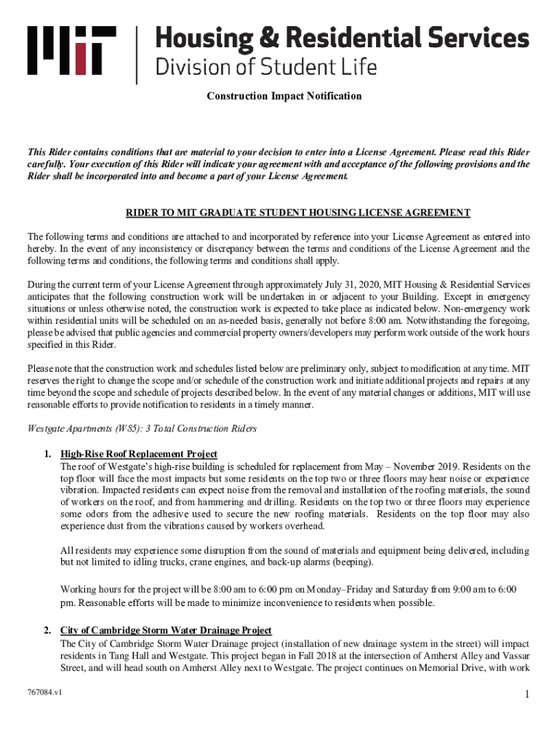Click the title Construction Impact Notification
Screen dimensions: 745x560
284,96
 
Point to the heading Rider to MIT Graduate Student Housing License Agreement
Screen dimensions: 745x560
298,212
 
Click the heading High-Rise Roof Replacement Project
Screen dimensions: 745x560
139,454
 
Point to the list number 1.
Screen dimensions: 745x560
47,454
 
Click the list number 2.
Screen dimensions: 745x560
47,630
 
